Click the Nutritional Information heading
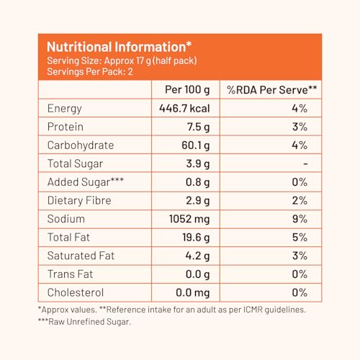coord(120,47)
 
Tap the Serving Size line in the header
coord(122,60)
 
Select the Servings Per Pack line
coord(90,71)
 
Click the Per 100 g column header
coord(187,90)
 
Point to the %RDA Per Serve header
coord(272,90)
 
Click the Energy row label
coord(65,109)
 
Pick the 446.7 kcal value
coord(184,109)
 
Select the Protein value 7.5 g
coord(198,127)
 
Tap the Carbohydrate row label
coord(81,145)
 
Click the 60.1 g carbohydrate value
coord(196,145)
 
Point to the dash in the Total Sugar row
coord(305,164)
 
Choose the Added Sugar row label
coord(86,182)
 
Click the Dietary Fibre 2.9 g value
coord(198,201)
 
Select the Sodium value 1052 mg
coord(189,219)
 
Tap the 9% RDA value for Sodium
coord(300,219)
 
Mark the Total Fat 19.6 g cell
coord(196,238)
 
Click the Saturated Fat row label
coord(81,256)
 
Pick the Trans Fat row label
coord(70,274)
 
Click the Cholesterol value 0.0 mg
coord(193,293)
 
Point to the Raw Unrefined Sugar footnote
coord(85,322)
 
